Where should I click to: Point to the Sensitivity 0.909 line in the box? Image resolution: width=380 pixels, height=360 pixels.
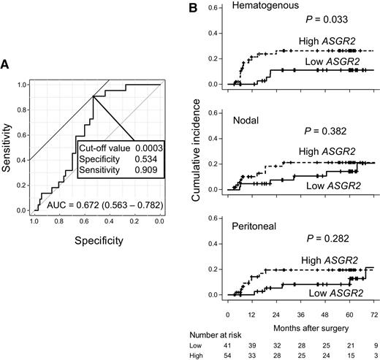[120, 172]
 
